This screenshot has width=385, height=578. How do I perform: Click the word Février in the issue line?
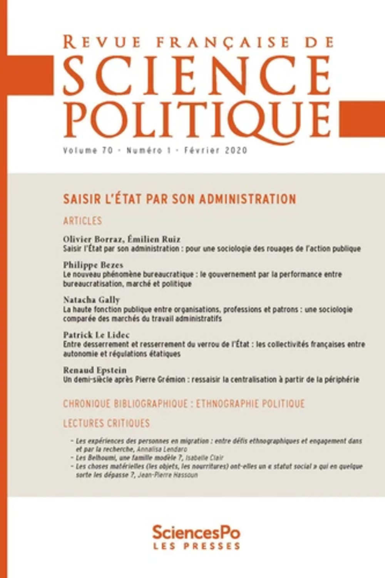tap(198, 150)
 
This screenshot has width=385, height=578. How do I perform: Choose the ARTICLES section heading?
tap(82, 221)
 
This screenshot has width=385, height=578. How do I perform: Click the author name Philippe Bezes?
tap(93, 265)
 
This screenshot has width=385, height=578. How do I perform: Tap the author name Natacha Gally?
tap(92, 300)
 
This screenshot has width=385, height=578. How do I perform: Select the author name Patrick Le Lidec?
tap(96, 334)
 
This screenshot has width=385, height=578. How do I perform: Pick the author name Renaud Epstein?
tap(95, 370)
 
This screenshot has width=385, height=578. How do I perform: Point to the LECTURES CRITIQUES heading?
tap(106, 423)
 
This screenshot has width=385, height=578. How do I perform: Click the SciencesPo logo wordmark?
tap(196, 533)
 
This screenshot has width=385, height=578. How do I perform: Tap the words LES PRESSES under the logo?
tap(196, 546)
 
